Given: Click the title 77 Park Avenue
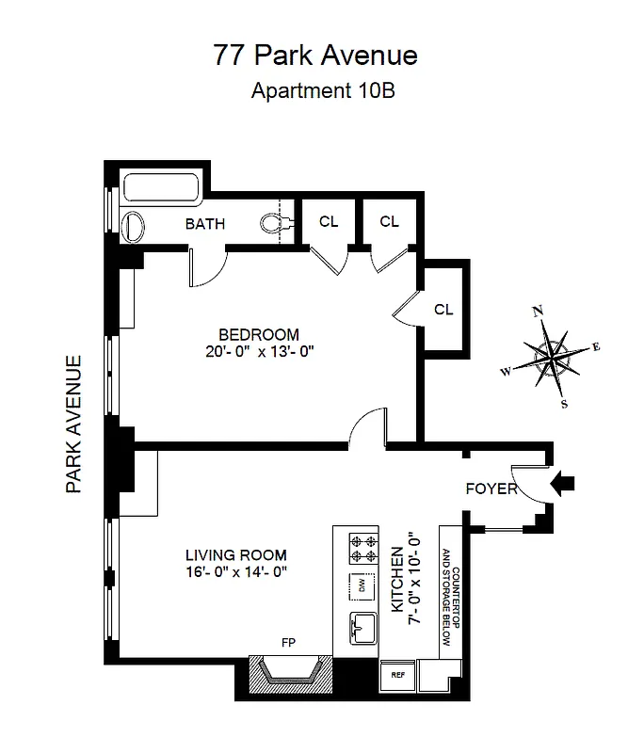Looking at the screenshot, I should (x=314, y=56).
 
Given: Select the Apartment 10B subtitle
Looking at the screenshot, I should (x=314, y=92).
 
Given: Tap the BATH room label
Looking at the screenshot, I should (x=204, y=224).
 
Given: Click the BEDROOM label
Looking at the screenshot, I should (x=259, y=334).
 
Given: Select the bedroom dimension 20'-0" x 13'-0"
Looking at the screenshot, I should (x=259, y=353).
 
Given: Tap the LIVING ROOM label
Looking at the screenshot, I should (x=235, y=555).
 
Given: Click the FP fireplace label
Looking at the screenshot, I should (x=288, y=644).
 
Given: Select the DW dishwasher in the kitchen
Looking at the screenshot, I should (x=360, y=585).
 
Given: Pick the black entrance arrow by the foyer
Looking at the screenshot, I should (x=563, y=484).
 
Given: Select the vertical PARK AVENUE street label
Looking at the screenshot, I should (x=76, y=424).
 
